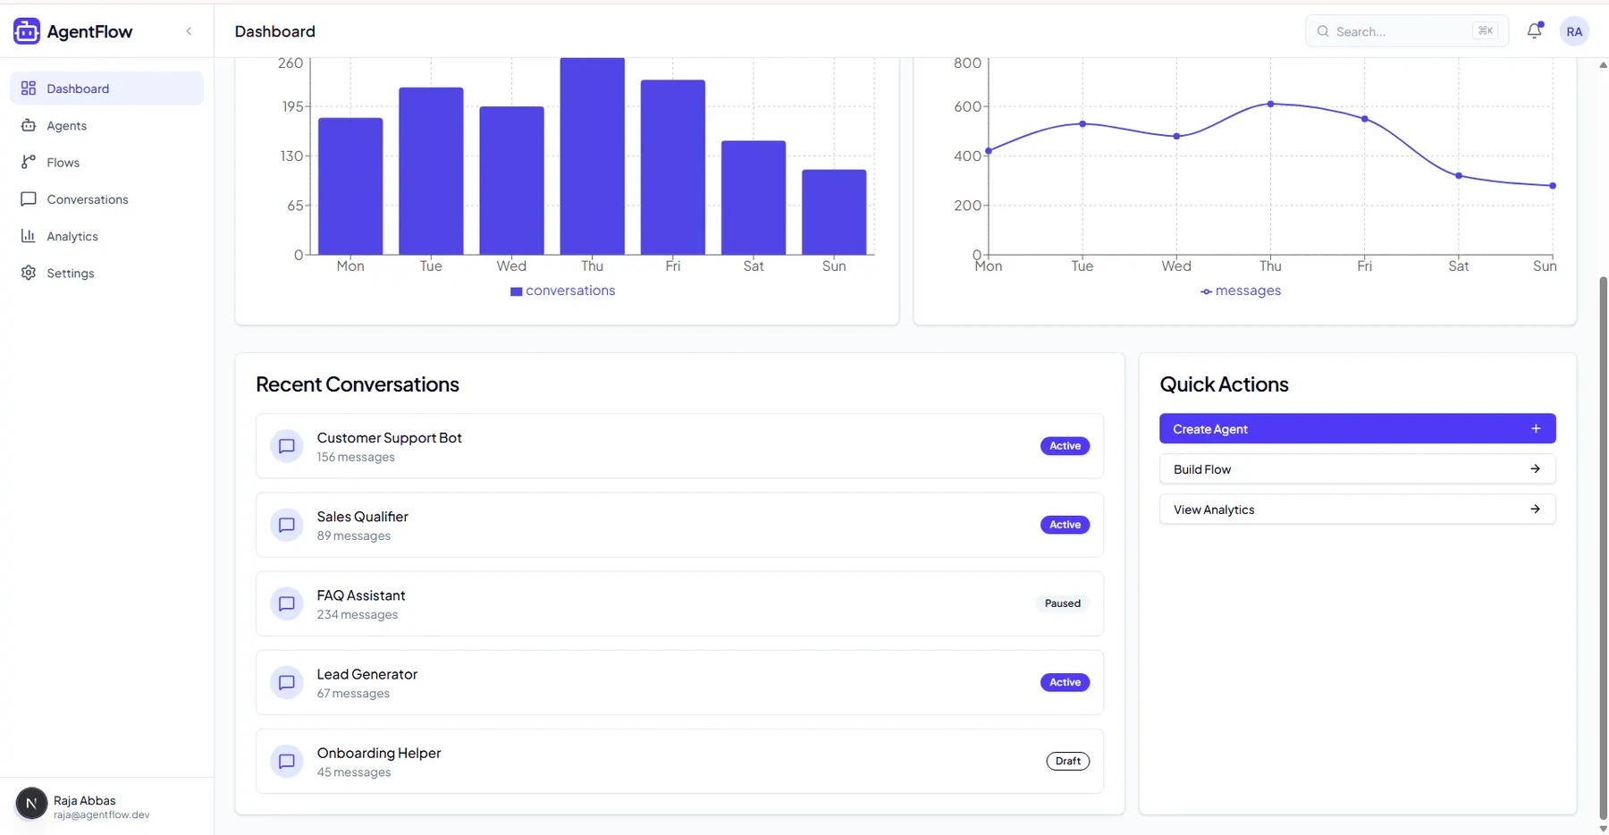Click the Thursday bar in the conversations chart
point(592,156)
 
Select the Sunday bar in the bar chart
point(834,212)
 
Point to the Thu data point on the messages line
point(1270,104)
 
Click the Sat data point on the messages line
point(1459,175)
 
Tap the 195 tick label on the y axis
point(292,106)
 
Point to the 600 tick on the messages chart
point(967,106)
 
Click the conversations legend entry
point(562,291)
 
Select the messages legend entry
point(1241,291)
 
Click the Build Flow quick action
point(1357,469)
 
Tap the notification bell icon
point(1535,30)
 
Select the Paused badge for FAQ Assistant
point(1063,603)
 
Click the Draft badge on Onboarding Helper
point(1068,761)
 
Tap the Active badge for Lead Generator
point(1065,682)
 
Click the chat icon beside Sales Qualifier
point(287,525)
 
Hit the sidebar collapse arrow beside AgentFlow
point(189,31)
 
